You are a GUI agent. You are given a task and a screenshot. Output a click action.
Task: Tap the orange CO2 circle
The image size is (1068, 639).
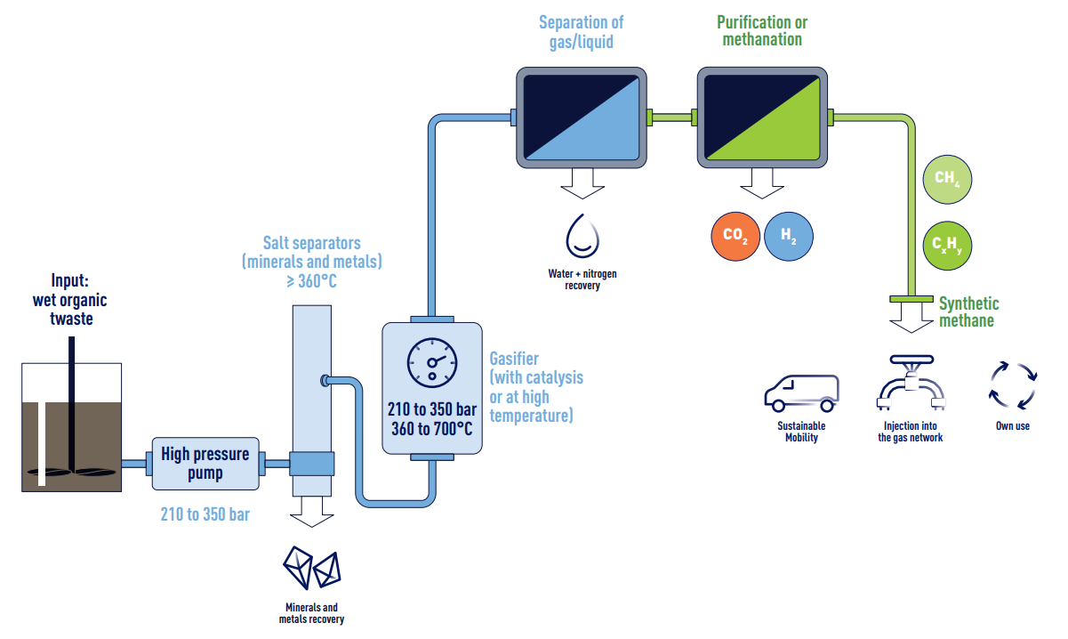(735, 236)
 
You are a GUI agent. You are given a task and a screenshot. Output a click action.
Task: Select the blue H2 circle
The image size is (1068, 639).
(789, 236)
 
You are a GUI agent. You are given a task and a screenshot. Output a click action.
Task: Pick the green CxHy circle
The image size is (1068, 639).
(947, 243)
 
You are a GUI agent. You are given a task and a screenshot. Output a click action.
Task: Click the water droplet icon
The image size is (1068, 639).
(582, 235)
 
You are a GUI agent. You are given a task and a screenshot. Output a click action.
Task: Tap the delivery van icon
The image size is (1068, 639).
(800, 392)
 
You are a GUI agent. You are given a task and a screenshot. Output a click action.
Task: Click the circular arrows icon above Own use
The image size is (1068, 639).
(1014, 384)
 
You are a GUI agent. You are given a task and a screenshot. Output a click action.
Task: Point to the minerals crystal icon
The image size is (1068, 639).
(311, 567)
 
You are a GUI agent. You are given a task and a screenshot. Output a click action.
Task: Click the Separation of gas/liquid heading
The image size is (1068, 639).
(582, 31)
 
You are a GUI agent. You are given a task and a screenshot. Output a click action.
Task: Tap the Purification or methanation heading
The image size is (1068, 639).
(762, 31)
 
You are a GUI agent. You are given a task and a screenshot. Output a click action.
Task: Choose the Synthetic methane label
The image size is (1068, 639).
(968, 312)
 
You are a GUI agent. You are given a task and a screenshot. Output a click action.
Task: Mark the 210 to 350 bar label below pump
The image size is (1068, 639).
(205, 514)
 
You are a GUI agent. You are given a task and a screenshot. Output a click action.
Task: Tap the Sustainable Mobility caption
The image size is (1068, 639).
(800, 432)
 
